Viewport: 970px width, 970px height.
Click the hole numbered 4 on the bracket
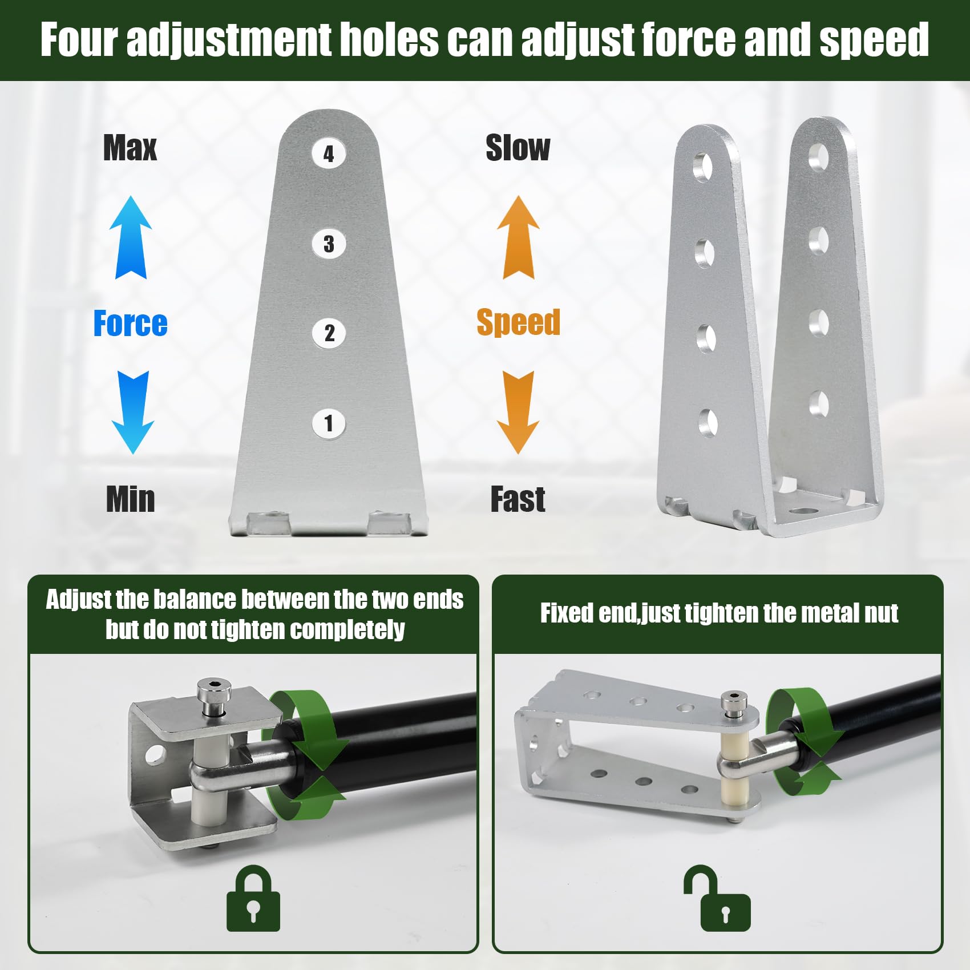(x=329, y=153)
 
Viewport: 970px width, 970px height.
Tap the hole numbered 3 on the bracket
(x=329, y=243)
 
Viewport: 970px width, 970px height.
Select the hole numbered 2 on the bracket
(x=329, y=333)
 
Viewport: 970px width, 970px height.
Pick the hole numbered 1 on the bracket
(x=329, y=423)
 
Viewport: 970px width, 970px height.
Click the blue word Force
(x=131, y=324)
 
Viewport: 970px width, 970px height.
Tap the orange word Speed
(x=518, y=322)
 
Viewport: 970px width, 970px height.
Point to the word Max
(x=130, y=148)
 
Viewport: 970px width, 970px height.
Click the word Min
(x=131, y=499)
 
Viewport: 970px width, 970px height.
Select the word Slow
(x=518, y=148)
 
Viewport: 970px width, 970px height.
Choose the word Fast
(x=518, y=499)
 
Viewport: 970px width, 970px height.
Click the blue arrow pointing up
(x=131, y=237)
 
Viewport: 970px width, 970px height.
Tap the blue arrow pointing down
(x=133, y=412)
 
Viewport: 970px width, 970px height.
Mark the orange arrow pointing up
(x=518, y=237)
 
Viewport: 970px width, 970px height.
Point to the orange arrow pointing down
(x=518, y=412)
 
